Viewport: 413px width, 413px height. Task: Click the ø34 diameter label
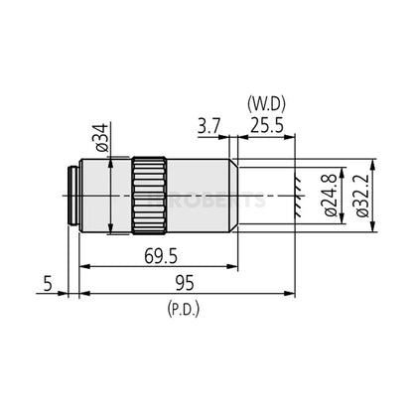pos(99,138)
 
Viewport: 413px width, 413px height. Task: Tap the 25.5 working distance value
pos(262,127)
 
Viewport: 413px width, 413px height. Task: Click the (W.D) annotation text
pos(263,103)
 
